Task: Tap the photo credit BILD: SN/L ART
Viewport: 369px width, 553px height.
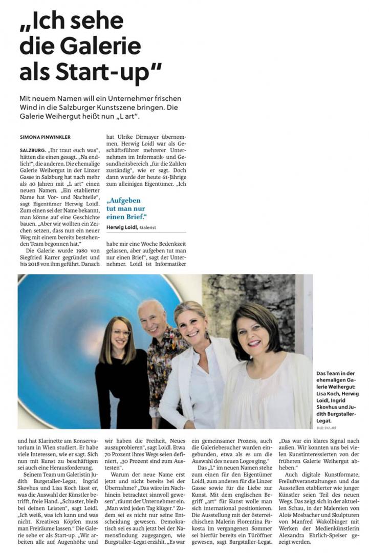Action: [327, 427]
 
